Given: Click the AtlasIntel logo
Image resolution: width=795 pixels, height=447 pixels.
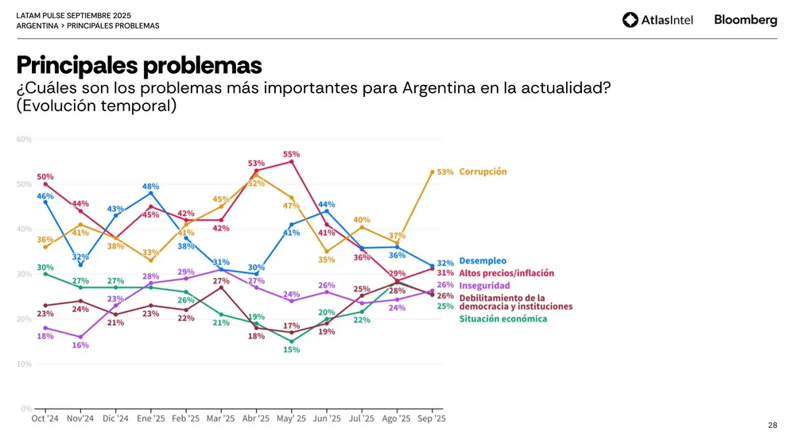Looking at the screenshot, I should [x=657, y=20].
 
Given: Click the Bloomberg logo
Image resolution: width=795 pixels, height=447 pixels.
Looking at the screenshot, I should [x=745, y=20].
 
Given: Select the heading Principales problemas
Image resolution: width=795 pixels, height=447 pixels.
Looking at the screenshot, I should [x=139, y=64].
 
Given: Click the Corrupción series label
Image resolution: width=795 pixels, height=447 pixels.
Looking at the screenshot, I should [x=483, y=171].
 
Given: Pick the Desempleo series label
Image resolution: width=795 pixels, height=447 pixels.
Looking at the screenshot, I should [x=483, y=261].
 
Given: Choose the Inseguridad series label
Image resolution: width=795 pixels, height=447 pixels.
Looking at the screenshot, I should [x=484, y=285].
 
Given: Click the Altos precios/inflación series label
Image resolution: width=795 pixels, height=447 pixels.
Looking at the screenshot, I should [x=506, y=273].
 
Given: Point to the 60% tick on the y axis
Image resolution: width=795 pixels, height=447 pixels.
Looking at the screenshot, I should [x=24, y=139].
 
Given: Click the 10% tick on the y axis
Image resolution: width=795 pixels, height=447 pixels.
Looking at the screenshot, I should [x=24, y=364].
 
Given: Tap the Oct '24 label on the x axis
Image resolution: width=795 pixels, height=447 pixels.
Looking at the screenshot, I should [x=45, y=418].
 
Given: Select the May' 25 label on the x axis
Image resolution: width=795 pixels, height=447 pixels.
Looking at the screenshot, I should [x=292, y=418].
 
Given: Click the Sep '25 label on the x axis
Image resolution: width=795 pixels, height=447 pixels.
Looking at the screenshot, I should [x=432, y=418].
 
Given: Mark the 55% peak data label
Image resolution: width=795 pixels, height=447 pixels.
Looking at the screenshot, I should [x=292, y=154].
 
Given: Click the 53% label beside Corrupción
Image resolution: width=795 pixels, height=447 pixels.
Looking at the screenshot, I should [x=445, y=171].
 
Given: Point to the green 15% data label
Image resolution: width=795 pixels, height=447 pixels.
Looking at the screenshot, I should [x=292, y=349].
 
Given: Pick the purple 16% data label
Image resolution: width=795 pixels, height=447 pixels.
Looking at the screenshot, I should [x=79, y=345].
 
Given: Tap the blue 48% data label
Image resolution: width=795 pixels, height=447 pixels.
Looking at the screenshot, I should [x=151, y=187].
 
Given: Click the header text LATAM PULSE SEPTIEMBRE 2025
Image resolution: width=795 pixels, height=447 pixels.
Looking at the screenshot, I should [x=74, y=15].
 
